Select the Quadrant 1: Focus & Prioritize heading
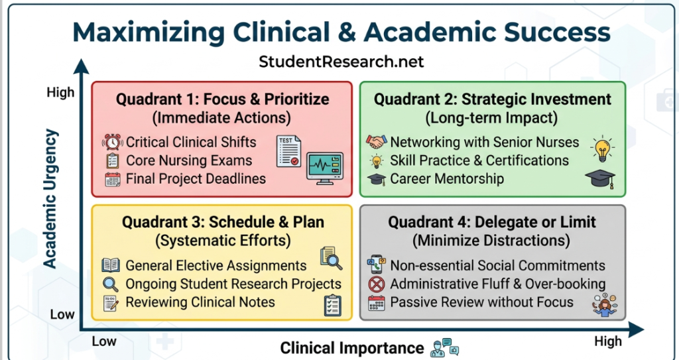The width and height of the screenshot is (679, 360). pyautogui.click(x=222, y=99)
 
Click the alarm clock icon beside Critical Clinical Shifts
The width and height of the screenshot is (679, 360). pyautogui.click(x=113, y=142)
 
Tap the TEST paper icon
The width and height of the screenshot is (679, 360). pyautogui.click(x=288, y=150)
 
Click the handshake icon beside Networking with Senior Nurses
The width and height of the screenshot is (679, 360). pyautogui.click(x=377, y=142)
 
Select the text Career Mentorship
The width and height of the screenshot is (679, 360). pyautogui.click(x=446, y=178)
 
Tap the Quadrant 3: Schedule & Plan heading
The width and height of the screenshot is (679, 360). pyautogui.click(x=223, y=222)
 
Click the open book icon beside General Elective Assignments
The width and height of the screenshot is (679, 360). pyautogui.click(x=111, y=266)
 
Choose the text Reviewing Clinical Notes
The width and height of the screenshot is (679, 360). pyautogui.click(x=200, y=302)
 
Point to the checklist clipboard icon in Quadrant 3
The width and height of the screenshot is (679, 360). pyautogui.click(x=332, y=304)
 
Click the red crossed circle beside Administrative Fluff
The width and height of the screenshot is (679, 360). pyautogui.click(x=377, y=284)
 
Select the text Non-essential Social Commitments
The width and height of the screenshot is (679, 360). pyautogui.click(x=497, y=266)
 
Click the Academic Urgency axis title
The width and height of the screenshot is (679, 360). pyautogui.click(x=51, y=199)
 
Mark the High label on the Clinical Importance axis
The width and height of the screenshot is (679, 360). pyautogui.click(x=608, y=341)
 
